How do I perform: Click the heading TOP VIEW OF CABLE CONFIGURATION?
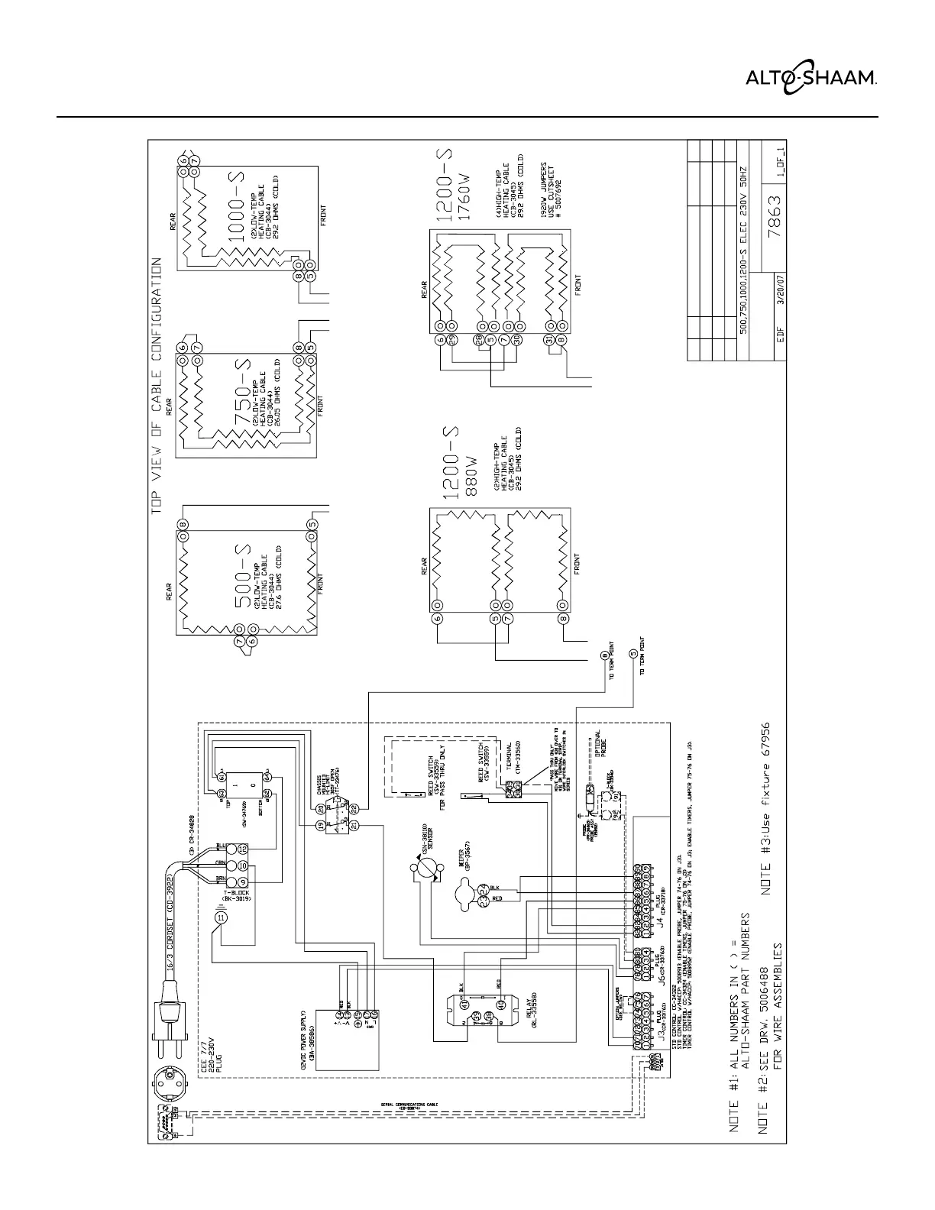pos(156,382)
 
